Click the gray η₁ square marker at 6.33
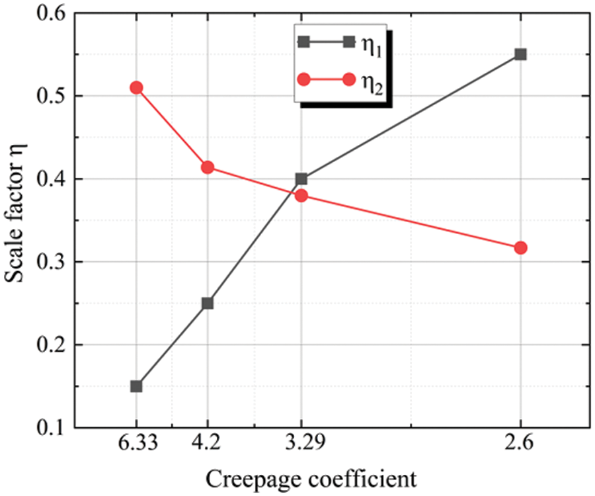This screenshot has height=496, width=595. [136, 386]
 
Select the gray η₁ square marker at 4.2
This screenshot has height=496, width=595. [208, 303]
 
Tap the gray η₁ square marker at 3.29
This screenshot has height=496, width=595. [301, 179]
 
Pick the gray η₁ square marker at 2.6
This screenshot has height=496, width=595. [520, 54]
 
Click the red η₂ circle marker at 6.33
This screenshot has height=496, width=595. [136, 88]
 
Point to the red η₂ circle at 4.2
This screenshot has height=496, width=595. [208, 167]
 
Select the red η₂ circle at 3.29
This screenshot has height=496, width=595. [301, 196]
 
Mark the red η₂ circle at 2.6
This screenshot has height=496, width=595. [520, 248]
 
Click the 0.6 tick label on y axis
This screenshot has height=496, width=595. [54, 14]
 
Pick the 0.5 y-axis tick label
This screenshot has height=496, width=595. [54, 97]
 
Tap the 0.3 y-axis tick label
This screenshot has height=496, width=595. [54, 263]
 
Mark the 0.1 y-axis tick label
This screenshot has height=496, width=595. [54, 428]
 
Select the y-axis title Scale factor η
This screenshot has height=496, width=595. [16, 221]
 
